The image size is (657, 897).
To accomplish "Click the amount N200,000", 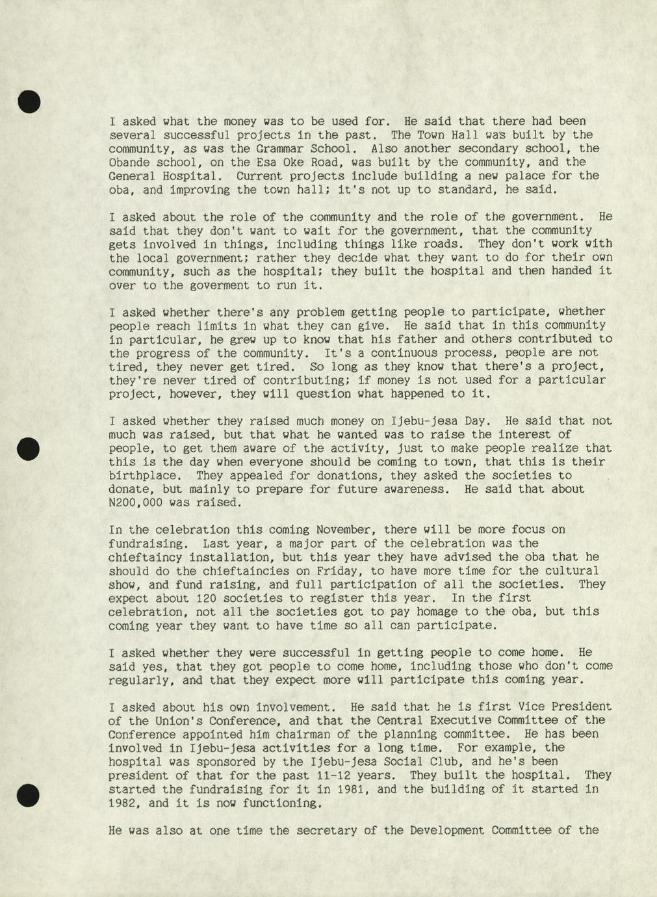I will (135, 502).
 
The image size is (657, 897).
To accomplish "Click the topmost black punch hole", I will (29, 101).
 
